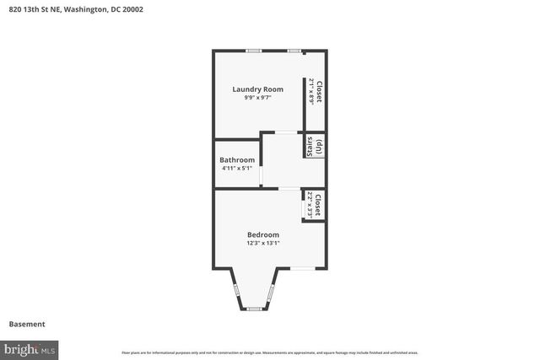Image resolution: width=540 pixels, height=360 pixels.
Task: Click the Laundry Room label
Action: (x=257, y=89)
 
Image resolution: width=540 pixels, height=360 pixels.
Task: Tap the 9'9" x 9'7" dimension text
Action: (x=257, y=98)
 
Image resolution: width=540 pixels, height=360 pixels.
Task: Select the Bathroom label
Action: (x=237, y=159)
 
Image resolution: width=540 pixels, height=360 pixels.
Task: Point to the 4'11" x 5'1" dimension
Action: (x=237, y=168)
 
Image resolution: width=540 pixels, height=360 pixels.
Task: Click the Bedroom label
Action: (x=262, y=234)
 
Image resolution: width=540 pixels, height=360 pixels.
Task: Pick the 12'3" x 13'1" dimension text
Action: (x=262, y=243)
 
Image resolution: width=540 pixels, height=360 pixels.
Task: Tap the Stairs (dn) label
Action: (x=315, y=146)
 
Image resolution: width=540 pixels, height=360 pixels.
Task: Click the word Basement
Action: (x=26, y=324)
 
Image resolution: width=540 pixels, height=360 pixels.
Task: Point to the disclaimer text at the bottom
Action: (x=269, y=352)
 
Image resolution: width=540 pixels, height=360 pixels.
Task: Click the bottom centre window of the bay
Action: (x=253, y=309)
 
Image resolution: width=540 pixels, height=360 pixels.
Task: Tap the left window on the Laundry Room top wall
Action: (x=252, y=51)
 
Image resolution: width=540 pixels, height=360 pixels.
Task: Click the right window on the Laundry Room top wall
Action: (x=294, y=51)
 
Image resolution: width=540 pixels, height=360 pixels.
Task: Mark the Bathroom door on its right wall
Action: (x=261, y=175)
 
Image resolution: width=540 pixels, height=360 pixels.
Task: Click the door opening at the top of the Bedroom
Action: (x=289, y=189)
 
